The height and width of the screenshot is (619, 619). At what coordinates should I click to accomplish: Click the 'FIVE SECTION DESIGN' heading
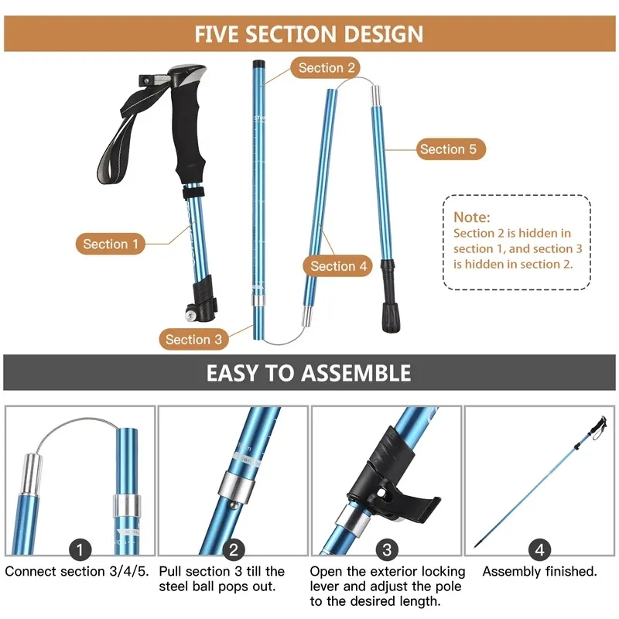[309, 34]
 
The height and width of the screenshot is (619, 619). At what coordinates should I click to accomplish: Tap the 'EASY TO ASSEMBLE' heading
[309, 373]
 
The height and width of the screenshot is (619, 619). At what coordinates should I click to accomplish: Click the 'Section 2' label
[327, 68]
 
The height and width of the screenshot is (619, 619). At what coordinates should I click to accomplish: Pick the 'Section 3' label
[193, 339]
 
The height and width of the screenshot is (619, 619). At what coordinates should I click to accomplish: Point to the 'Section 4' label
[338, 266]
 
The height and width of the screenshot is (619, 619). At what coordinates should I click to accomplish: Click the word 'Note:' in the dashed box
[472, 217]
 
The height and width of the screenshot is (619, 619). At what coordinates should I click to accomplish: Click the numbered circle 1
[80, 550]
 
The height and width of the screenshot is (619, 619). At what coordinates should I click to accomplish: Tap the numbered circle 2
[233, 550]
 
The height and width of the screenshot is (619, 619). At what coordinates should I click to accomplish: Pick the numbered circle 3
[386, 550]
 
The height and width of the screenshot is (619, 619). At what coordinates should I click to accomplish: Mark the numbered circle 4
[539, 550]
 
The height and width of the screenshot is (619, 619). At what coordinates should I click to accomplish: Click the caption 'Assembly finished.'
[539, 572]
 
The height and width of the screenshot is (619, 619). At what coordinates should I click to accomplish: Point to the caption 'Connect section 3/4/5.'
[78, 572]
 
